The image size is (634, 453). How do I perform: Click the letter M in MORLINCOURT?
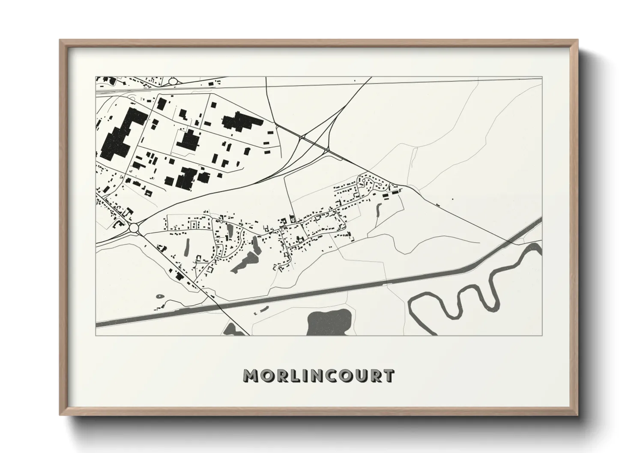pos(250,376)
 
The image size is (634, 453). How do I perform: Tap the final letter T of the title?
pos(388,376)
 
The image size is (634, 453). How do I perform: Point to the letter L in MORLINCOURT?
pos(292,376)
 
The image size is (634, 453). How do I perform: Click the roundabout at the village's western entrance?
pos(134,228)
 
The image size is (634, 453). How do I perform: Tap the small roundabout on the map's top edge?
pos(173,80)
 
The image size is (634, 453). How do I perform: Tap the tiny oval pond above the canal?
pos(160,296)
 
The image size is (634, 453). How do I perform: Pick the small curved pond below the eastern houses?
pos(378,209)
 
